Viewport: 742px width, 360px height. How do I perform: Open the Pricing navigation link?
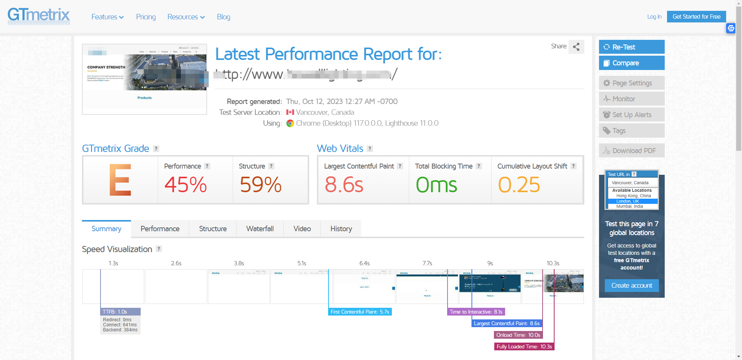point(146,17)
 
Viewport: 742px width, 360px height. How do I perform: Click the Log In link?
point(654,17)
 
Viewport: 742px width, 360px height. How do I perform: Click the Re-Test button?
point(631,47)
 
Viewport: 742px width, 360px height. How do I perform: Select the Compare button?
point(631,63)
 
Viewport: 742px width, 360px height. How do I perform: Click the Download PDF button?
point(631,151)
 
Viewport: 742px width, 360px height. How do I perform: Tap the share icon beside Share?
point(576,47)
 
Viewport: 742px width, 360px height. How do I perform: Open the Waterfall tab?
point(260,229)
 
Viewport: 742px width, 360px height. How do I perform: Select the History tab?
point(341,229)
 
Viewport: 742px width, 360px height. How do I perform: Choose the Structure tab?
point(213,229)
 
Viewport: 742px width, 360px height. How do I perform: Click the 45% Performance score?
point(185,184)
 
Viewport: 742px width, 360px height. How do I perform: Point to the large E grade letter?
point(120,180)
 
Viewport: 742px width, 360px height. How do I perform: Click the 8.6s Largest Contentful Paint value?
point(344,184)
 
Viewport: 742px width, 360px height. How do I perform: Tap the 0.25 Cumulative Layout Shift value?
point(519,184)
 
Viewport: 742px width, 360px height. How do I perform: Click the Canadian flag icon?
point(290,113)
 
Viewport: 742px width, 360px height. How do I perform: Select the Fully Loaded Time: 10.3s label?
point(524,347)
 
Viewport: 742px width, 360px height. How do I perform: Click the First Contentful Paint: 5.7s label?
point(360,312)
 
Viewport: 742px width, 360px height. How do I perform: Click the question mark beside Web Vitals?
point(370,149)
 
